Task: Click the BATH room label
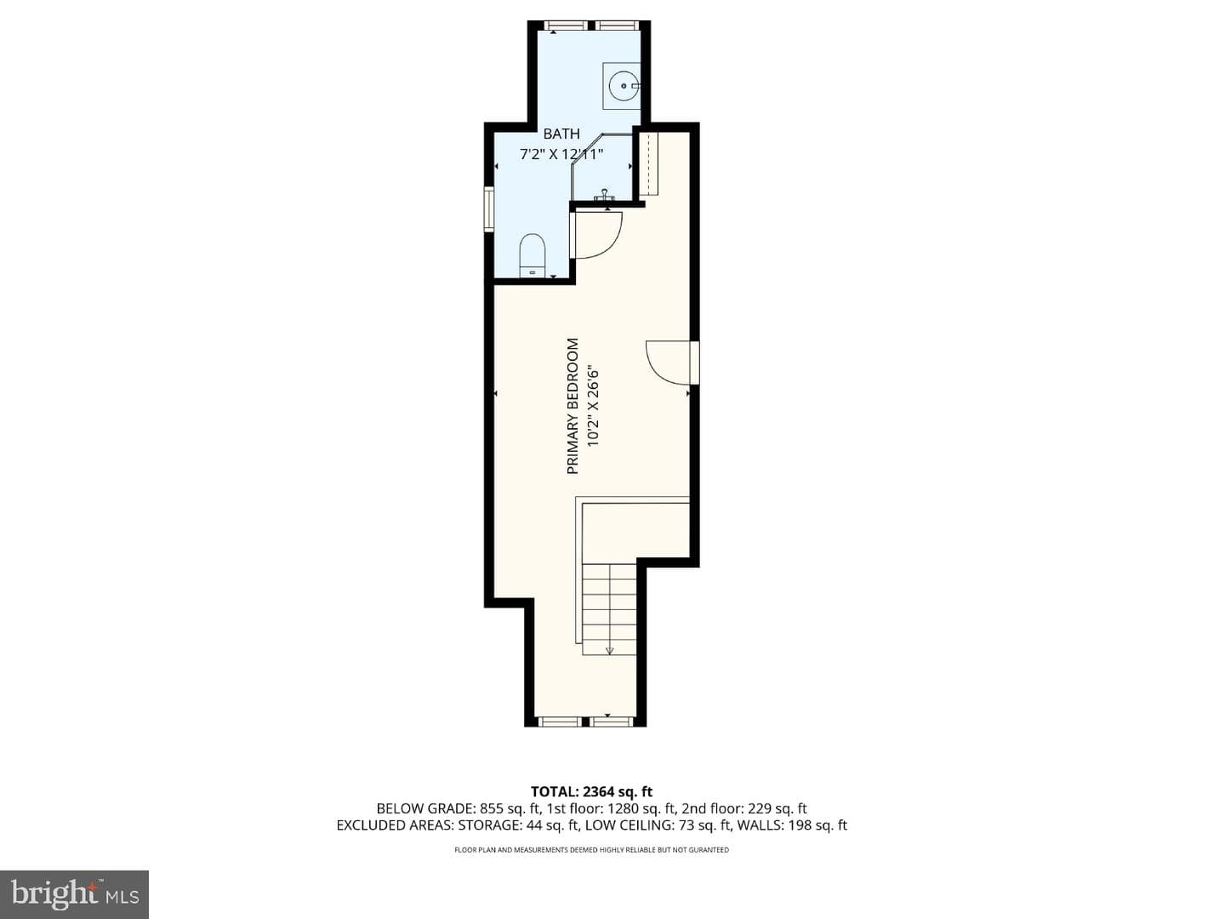click(x=561, y=134)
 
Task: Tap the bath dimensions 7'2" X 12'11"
click(x=561, y=155)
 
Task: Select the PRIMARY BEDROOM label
click(x=573, y=406)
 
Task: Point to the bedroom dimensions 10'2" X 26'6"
click(x=593, y=406)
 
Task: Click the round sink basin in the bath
click(x=621, y=87)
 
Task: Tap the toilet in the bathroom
click(x=532, y=255)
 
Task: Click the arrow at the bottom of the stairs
click(x=609, y=649)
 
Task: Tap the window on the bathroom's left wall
click(x=489, y=209)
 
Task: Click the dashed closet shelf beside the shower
click(x=648, y=163)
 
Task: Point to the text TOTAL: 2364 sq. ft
click(x=591, y=791)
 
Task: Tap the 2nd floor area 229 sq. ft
click(x=776, y=808)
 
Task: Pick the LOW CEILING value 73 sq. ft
click(x=704, y=825)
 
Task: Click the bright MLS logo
click(x=75, y=894)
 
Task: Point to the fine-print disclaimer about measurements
click(x=591, y=850)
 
